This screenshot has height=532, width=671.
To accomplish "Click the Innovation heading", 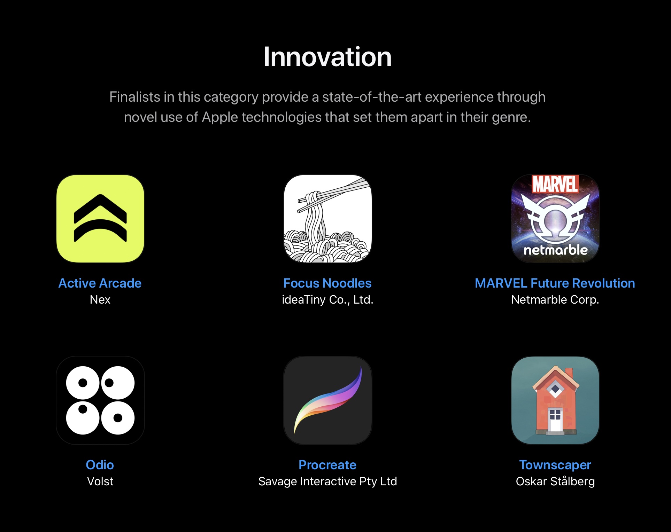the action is pyautogui.click(x=327, y=57).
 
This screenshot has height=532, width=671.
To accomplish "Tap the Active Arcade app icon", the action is pyautogui.click(x=100, y=219).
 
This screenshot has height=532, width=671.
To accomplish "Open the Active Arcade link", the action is pyautogui.click(x=100, y=283).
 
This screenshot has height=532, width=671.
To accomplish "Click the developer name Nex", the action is pyautogui.click(x=100, y=299).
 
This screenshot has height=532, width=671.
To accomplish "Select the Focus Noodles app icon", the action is pyautogui.click(x=328, y=219).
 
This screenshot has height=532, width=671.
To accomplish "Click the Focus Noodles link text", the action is pyautogui.click(x=327, y=283).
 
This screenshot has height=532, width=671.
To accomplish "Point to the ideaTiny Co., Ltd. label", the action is pyautogui.click(x=327, y=299).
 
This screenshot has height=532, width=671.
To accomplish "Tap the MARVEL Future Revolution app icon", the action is pyautogui.click(x=555, y=219).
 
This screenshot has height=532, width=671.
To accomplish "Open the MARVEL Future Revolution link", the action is pyautogui.click(x=555, y=283).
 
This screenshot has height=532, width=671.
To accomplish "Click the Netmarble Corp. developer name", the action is pyautogui.click(x=555, y=299).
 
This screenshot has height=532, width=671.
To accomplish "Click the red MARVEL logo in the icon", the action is pyautogui.click(x=555, y=184).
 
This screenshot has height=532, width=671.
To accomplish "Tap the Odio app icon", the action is pyautogui.click(x=100, y=400).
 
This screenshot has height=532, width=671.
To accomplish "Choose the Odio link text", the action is pyautogui.click(x=100, y=465).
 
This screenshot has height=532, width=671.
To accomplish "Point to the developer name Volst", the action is pyautogui.click(x=100, y=481).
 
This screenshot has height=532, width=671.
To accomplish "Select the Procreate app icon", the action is pyautogui.click(x=328, y=400).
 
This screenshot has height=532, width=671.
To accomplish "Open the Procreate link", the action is pyautogui.click(x=327, y=465).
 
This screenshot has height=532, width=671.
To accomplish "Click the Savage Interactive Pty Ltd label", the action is pyautogui.click(x=327, y=481).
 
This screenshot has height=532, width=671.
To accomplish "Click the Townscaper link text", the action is pyautogui.click(x=555, y=465).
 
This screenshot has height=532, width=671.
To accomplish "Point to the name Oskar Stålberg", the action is pyautogui.click(x=555, y=481).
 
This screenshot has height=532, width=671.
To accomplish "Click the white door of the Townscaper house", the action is pyautogui.click(x=555, y=420).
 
